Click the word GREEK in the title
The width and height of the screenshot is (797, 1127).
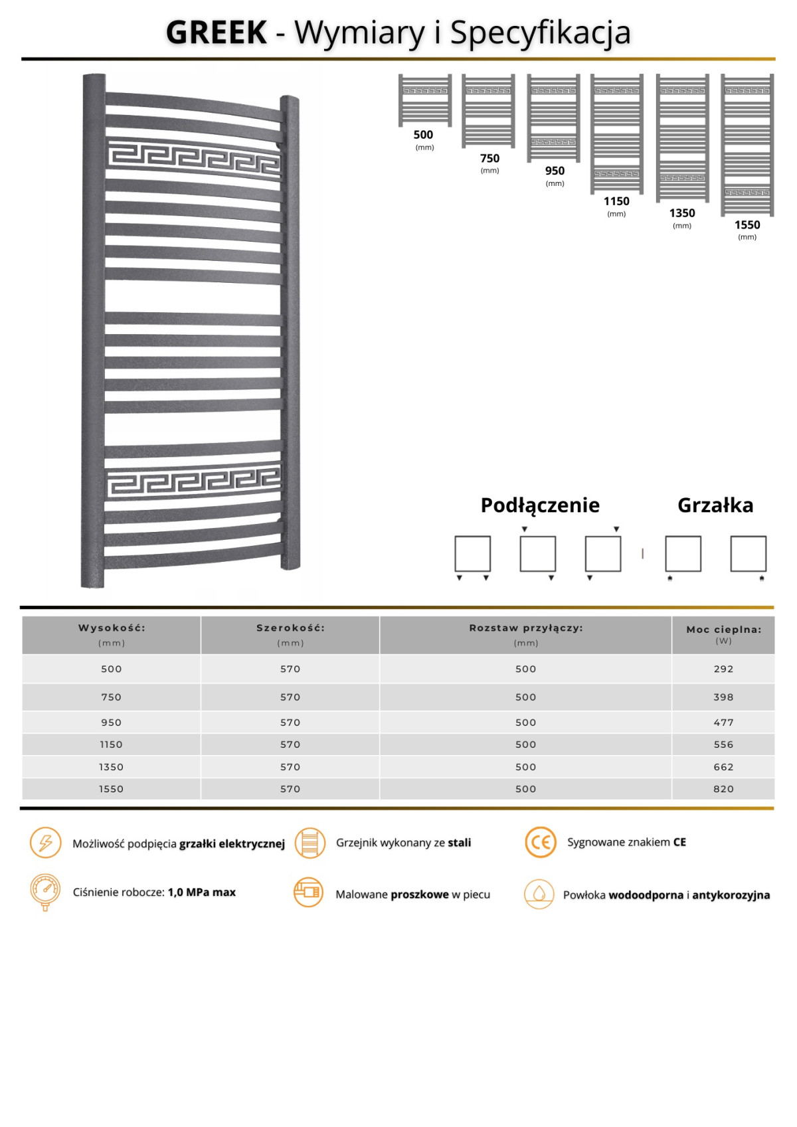pos(217,33)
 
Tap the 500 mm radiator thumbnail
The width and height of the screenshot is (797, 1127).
pos(425,100)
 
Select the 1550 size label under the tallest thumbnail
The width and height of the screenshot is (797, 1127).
pos(747,225)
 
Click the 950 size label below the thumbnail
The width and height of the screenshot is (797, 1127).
pos(555,171)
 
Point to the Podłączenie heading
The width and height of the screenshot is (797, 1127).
pos(540,505)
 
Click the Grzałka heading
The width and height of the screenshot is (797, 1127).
pos(715,505)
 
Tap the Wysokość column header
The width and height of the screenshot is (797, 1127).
pos(112,628)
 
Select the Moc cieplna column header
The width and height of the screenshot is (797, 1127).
pos(723,630)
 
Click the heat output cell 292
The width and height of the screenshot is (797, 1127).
pos(723,669)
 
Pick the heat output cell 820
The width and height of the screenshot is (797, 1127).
pos(723,789)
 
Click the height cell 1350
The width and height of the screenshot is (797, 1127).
pos(112,767)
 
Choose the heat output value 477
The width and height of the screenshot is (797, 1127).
pos(723,723)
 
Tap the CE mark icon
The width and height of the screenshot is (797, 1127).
pos(541,843)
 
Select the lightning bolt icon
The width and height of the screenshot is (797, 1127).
pos(45,843)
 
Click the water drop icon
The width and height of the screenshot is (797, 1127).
pos(539,894)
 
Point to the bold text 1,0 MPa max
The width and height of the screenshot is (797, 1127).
pos(202,893)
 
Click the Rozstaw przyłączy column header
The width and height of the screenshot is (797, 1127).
pos(525,628)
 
